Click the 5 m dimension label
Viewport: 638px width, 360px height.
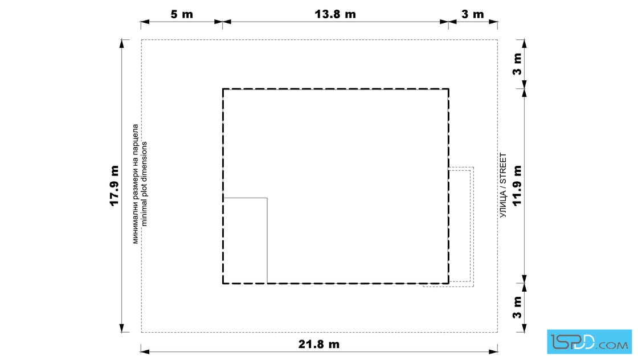182,14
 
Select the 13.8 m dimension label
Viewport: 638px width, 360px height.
336,14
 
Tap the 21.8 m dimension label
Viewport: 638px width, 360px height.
319,344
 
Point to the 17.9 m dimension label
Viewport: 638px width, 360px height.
114,186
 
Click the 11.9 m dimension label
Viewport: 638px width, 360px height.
517,186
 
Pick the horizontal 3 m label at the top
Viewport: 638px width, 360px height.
473,14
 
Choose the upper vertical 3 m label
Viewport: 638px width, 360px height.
517,64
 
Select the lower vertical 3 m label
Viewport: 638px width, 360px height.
517,308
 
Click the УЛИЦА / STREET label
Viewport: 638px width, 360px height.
504,186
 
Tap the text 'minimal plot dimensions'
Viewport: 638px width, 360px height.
144,184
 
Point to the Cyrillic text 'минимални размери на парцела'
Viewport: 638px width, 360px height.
136,184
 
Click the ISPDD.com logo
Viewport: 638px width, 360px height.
589,342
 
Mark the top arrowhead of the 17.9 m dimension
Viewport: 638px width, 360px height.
122,43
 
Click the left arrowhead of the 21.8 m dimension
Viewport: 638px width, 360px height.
145,351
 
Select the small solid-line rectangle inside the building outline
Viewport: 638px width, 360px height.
245,240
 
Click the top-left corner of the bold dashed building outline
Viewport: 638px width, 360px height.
223,89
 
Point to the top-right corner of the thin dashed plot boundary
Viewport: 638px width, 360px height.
497,40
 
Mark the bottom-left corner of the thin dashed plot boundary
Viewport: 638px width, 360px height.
142,332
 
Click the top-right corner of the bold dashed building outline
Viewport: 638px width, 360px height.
449,89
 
